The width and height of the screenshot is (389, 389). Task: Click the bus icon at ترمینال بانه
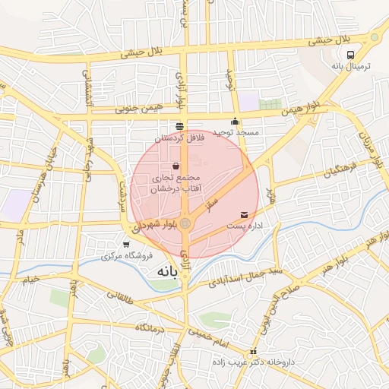(350, 55)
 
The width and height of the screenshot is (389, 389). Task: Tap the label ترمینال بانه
(350, 67)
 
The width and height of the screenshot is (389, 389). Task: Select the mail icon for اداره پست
(244, 215)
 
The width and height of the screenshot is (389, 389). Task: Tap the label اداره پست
(244, 226)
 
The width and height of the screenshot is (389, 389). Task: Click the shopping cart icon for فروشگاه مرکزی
(125, 244)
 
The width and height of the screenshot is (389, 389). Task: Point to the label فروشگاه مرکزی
(127, 255)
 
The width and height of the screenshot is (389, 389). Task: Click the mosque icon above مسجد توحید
(236, 121)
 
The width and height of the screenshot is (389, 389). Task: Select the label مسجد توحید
(236, 132)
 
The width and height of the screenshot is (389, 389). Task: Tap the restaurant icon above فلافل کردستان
(179, 126)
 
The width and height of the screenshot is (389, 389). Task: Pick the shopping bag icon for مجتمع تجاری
(176, 166)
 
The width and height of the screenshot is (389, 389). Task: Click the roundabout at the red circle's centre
(185, 223)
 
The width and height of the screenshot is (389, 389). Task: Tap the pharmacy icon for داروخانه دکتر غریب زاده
(253, 351)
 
